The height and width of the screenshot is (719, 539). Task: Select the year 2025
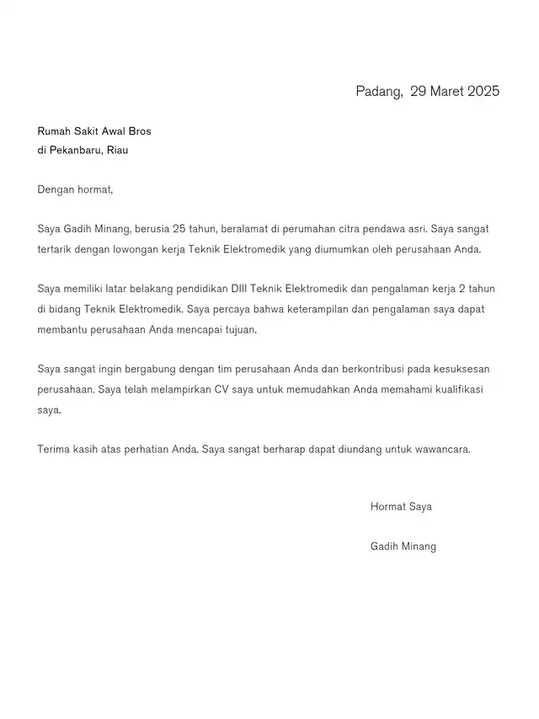tap(484, 92)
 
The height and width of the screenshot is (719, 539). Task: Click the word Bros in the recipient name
tap(139, 130)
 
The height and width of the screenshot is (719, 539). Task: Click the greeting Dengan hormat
tap(74, 189)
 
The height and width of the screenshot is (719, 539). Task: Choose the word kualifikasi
tap(462, 390)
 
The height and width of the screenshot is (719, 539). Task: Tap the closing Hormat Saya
tap(401, 507)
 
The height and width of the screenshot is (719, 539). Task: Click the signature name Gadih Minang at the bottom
tap(403, 546)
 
